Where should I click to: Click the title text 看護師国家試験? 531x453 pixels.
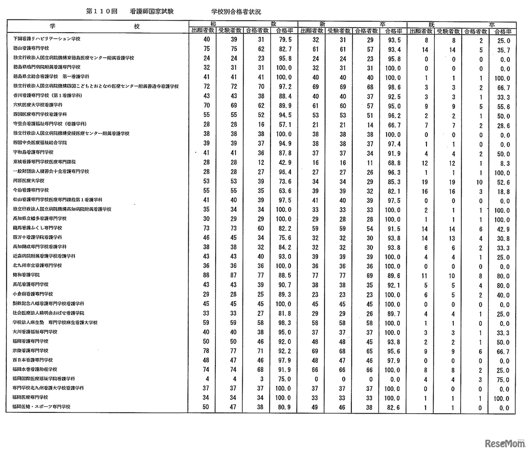(x=151, y=12)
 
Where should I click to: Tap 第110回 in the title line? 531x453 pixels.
(x=100, y=12)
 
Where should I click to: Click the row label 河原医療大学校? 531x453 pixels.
(x=29, y=181)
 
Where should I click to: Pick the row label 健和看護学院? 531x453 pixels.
(x=26, y=275)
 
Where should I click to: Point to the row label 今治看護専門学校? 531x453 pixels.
(x=31, y=190)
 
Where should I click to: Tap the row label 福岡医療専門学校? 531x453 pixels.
(x=31, y=397)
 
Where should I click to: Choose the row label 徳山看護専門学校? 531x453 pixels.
(x=31, y=48)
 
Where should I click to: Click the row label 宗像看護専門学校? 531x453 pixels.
(x=31, y=351)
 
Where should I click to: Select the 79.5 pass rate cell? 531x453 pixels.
(x=284, y=40)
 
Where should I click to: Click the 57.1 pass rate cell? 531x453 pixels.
(x=284, y=125)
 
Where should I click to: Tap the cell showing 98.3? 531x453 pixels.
(x=284, y=322)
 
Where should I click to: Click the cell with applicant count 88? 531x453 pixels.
(x=207, y=276)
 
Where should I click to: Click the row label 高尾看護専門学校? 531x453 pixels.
(x=31, y=284)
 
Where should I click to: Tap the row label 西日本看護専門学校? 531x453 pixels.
(x=31, y=360)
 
